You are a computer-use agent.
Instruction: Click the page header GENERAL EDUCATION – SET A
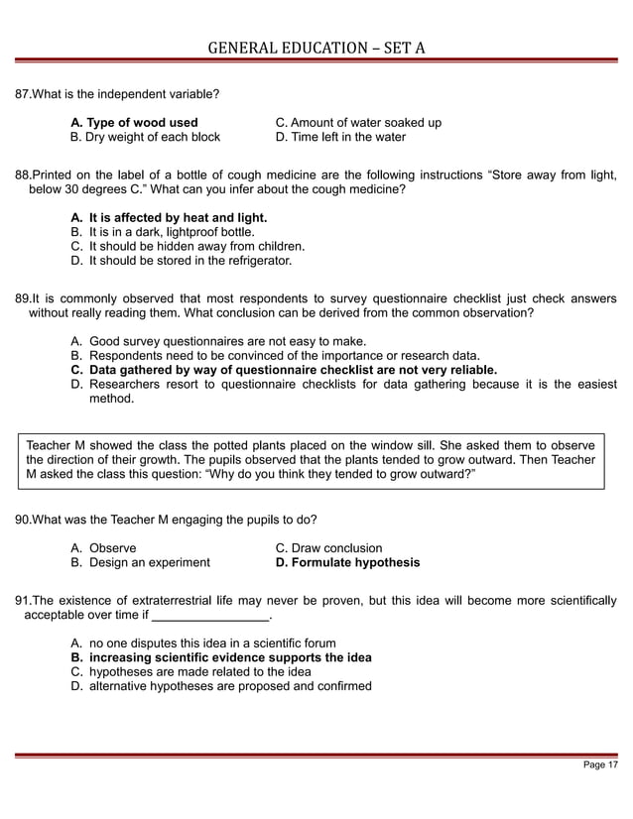316,47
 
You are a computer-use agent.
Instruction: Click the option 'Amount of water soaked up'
357,123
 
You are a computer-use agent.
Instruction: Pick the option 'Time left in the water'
339,137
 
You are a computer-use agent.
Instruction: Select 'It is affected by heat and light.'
178,216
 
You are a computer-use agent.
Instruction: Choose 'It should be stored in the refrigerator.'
190,261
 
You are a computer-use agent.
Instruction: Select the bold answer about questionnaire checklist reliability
293,370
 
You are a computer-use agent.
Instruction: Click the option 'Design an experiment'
149,563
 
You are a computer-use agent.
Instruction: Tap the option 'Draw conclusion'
327,548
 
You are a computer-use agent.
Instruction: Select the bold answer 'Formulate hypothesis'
346,563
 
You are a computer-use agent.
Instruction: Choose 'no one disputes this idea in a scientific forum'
212,643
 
